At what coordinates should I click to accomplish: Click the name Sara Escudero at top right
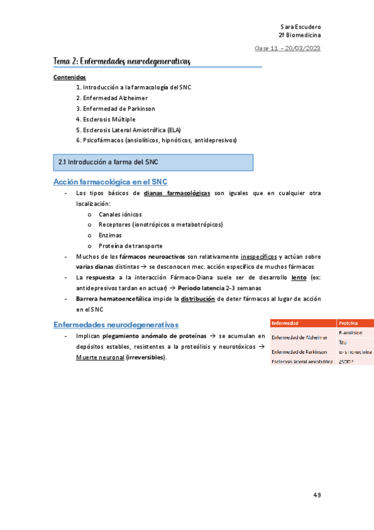coord(301,27)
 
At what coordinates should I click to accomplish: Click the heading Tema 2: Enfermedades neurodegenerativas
coord(122,61)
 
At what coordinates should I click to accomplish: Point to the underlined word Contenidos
coord(69,77)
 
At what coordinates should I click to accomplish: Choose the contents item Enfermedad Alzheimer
coord(112,98)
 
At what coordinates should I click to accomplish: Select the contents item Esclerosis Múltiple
coord(109,119)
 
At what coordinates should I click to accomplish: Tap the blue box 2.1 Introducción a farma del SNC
coord(153,162)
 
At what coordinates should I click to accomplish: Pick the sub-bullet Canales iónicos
coord(120,214)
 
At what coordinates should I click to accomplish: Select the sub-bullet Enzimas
coord(110,235)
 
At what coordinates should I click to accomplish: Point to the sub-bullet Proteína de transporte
coord(130,246)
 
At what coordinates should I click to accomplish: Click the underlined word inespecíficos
coord(259,256)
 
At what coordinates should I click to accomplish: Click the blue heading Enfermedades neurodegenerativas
coord(116,325)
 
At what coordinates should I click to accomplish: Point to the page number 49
coord(317,495)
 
